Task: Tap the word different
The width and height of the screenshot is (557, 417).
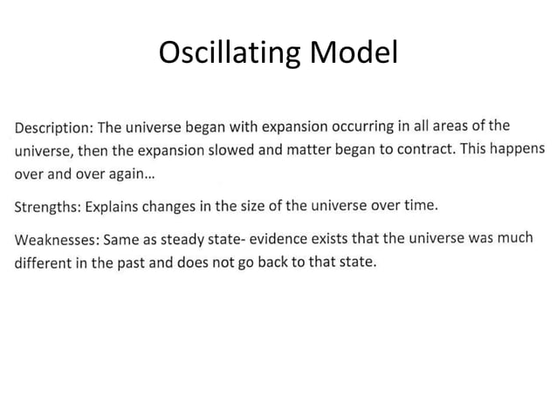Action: click(x=45, y=264)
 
